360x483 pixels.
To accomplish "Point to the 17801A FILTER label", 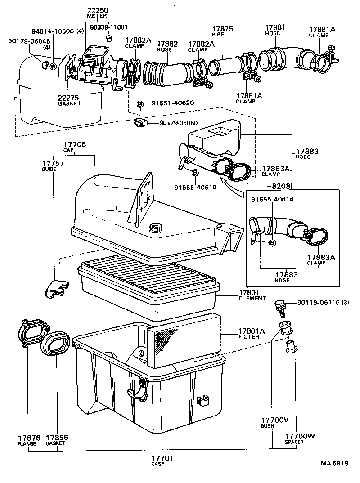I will click(x=252, y=334).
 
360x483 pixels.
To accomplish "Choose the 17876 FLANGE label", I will click(x=27, y=440).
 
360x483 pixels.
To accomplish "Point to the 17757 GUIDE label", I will click(x=53, y=165).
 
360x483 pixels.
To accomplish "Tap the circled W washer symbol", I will click(x=53, y=67).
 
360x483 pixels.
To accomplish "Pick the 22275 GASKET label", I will click(x=68, y=100).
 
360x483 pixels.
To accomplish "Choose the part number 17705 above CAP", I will click(x=74, y=146).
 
